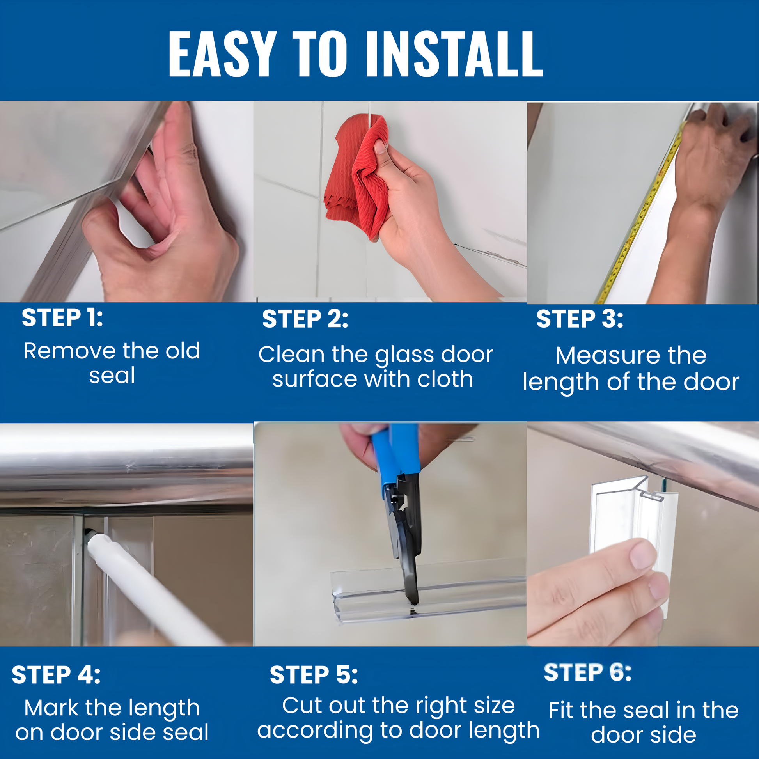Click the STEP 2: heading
pos(305,319)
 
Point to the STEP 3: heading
pos(580,319)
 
